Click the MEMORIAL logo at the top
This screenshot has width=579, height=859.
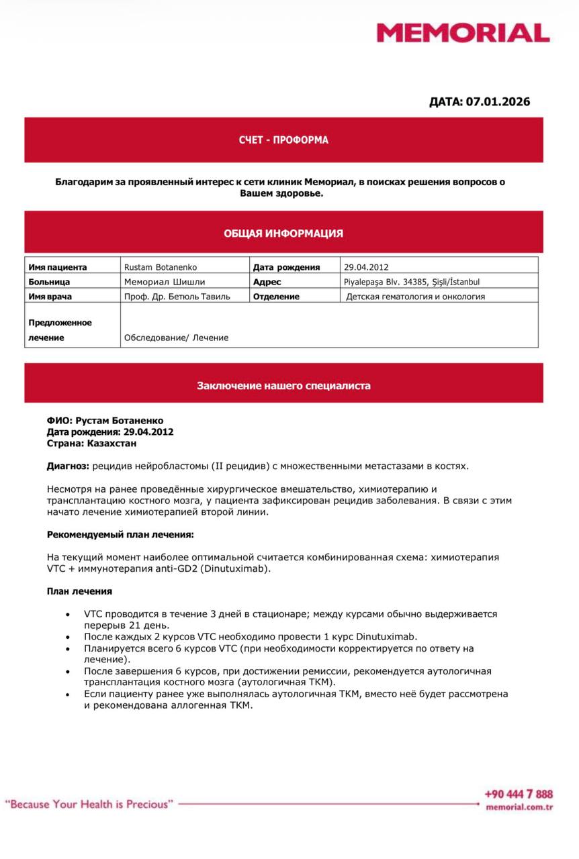point(463,33)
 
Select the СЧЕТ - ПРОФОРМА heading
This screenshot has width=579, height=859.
point(283,140)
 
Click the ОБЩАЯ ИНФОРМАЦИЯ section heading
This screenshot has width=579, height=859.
point(283,234)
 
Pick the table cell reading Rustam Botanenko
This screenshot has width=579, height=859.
point(161,267)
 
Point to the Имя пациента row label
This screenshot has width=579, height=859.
point(58,267)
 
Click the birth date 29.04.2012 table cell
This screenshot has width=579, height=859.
point(366,267)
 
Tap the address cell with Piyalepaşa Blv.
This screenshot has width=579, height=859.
point(412,282)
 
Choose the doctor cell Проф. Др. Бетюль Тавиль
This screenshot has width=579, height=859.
point(177,297)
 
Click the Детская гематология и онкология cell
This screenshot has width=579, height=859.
point(415,297)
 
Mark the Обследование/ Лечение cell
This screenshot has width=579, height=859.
point(176,338)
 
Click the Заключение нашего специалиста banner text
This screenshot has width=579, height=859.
point(283,386)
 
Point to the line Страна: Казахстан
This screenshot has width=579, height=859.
point(91,444)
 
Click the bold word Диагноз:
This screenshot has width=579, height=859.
point(68,466)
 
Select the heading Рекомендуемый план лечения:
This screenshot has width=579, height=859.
point(120,534)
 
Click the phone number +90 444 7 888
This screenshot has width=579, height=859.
point(519,794)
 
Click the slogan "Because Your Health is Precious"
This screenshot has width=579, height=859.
point(89,803)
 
